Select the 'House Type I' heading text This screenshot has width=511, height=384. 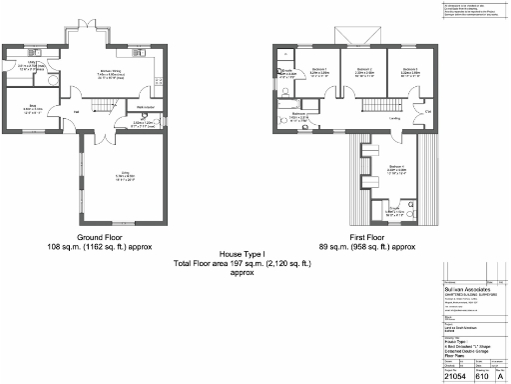[x=230, y=254]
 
